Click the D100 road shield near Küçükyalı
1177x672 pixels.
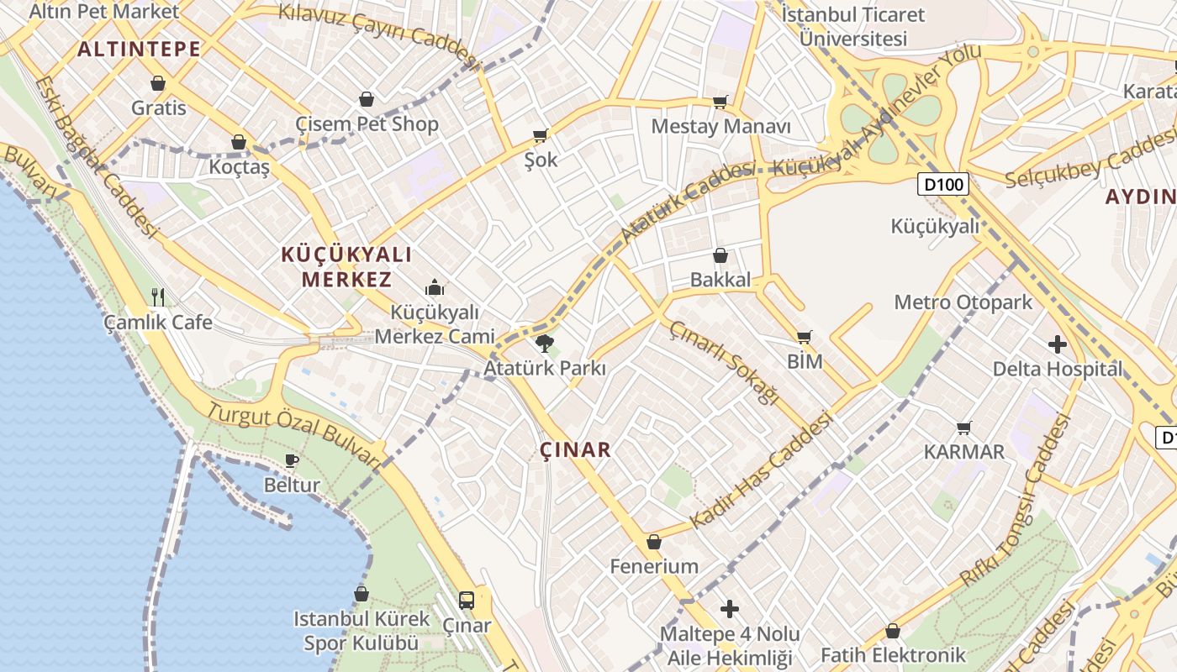coord(943,184)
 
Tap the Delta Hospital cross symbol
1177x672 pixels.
coord(1058,344)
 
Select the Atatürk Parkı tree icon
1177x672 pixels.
coord(545,343)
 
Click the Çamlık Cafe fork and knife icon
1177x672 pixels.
coord(158,297)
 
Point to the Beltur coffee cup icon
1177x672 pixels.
coord(292,460)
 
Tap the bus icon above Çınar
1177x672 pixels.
coord(467,601)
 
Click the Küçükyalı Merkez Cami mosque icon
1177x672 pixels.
coord(435,287)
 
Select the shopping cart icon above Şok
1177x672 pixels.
coord(541,135)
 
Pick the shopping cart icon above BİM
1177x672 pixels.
coord(805,337)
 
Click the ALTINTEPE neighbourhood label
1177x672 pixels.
coord(140,49)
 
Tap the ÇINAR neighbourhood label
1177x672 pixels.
coord(576,449)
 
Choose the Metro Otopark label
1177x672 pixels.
coord(963,302)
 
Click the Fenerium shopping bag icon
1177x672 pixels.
coord(654,542)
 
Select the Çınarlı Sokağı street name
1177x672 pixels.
coord(724,362)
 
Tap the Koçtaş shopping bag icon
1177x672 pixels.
coord(239,142)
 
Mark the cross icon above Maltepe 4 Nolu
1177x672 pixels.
coord(730,608)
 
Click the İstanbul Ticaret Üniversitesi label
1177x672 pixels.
coord(853,26)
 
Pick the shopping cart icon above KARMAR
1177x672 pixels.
coord(964,428)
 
